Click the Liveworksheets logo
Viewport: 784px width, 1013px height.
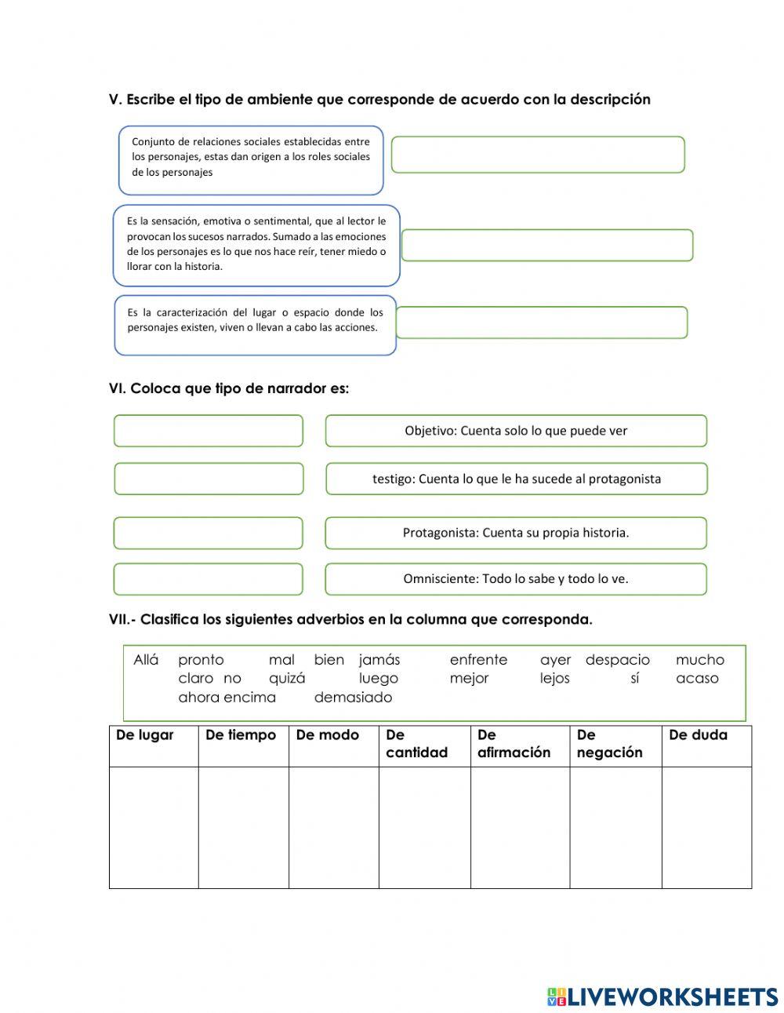tap(662, 997)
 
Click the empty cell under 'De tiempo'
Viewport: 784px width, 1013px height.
tap(243, 827)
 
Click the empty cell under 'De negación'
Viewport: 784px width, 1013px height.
tap(615, 827)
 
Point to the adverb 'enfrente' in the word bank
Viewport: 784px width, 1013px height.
tap(478, 660)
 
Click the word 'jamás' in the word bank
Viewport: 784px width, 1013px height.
tap(379, 660)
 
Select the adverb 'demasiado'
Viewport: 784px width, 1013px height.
tap(353, 698)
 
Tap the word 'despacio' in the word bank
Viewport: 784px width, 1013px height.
tap(618, 660)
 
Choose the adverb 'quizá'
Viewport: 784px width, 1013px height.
tap(287, 679)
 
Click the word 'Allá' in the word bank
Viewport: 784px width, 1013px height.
tap(146, 660)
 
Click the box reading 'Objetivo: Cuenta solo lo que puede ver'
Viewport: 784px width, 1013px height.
tap(516, 431)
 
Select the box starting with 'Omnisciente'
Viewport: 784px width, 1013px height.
tap(516, 579)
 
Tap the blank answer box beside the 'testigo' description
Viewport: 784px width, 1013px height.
tap(209, 479)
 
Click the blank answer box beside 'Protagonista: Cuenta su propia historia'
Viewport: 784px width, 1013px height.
tap(208, 533)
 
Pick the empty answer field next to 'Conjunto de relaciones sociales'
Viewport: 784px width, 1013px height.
tap(538, 155)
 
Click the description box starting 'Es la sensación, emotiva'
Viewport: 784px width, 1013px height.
tap(256, 245)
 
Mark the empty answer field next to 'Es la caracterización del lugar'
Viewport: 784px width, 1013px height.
tap(542, 322)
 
